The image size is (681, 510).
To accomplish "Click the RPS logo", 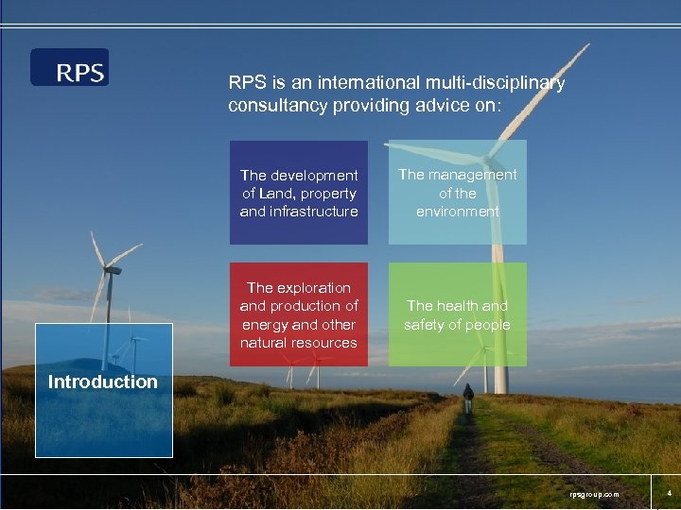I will [x=70, y=67].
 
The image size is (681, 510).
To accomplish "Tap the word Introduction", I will [x=103, y=382].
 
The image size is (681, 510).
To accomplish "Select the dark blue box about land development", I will [x=299, y=193].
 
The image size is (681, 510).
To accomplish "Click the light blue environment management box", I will [x=458, y=193].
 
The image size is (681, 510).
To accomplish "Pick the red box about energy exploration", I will [x=299, y=314].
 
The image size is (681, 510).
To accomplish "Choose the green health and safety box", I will [x=458, y=314].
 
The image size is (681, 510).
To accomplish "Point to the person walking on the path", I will [x=467, y=398].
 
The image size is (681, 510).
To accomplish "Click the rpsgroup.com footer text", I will [x=593, y=494].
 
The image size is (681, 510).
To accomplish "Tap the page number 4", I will [x=669, y=493].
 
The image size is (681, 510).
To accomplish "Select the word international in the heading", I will [x=341, y=83].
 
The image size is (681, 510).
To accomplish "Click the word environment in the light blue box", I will [x=458, y=212].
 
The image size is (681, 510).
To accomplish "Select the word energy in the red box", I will [x=263, y=324].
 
